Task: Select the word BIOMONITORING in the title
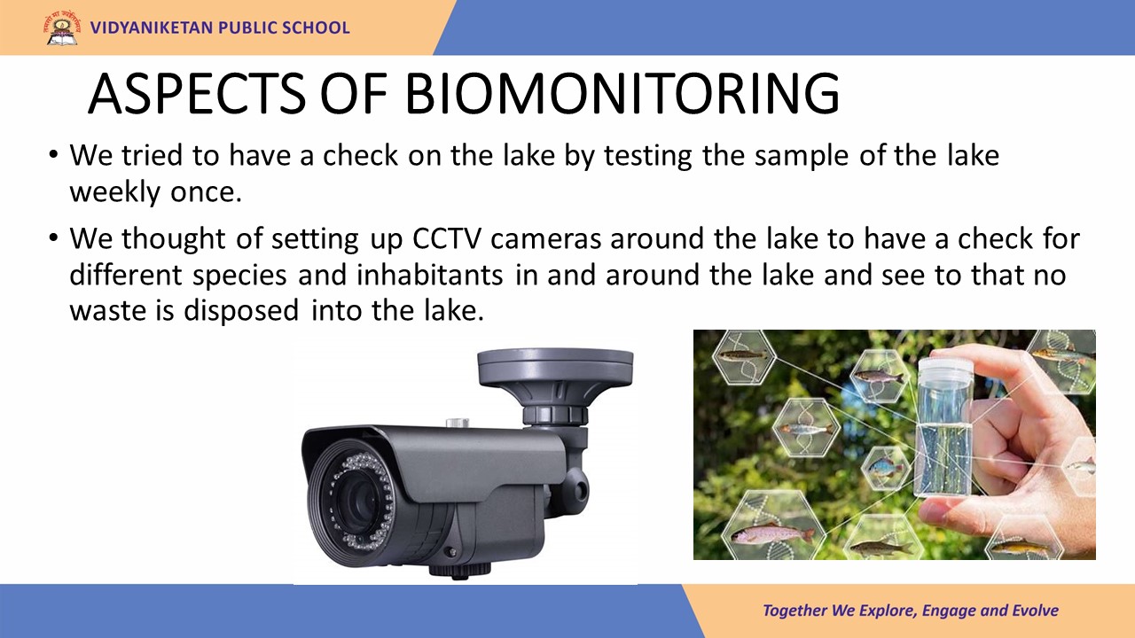click(x=622, y=94)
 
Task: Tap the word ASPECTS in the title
click(x=197, y=94)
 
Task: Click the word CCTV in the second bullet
click(x=446, y=238)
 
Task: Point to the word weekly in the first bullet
click(x=115, y=193)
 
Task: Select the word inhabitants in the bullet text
click(x=430, y=275)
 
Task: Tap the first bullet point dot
click(x=53, y=154)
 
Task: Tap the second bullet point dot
click(x=53, y=237)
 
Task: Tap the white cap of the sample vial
click(x=945, y=370)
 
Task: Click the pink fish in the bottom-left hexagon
click(x=772, y=533)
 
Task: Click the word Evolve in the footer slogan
click(x=1035, y=611)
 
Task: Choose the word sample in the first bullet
click(x=801, y=156)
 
